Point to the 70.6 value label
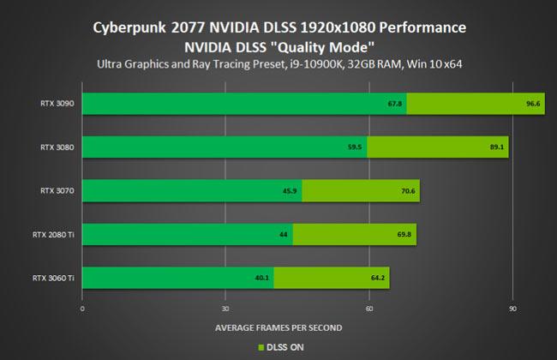pos(407,190)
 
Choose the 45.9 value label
pos(290,190)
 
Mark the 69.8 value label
pos(404,234)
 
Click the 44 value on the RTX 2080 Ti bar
pos(284,234)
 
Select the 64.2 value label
pos(377,278)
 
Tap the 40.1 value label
pos(262,278)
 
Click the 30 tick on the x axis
pos(225,308)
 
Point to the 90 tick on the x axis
pos(512,308)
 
